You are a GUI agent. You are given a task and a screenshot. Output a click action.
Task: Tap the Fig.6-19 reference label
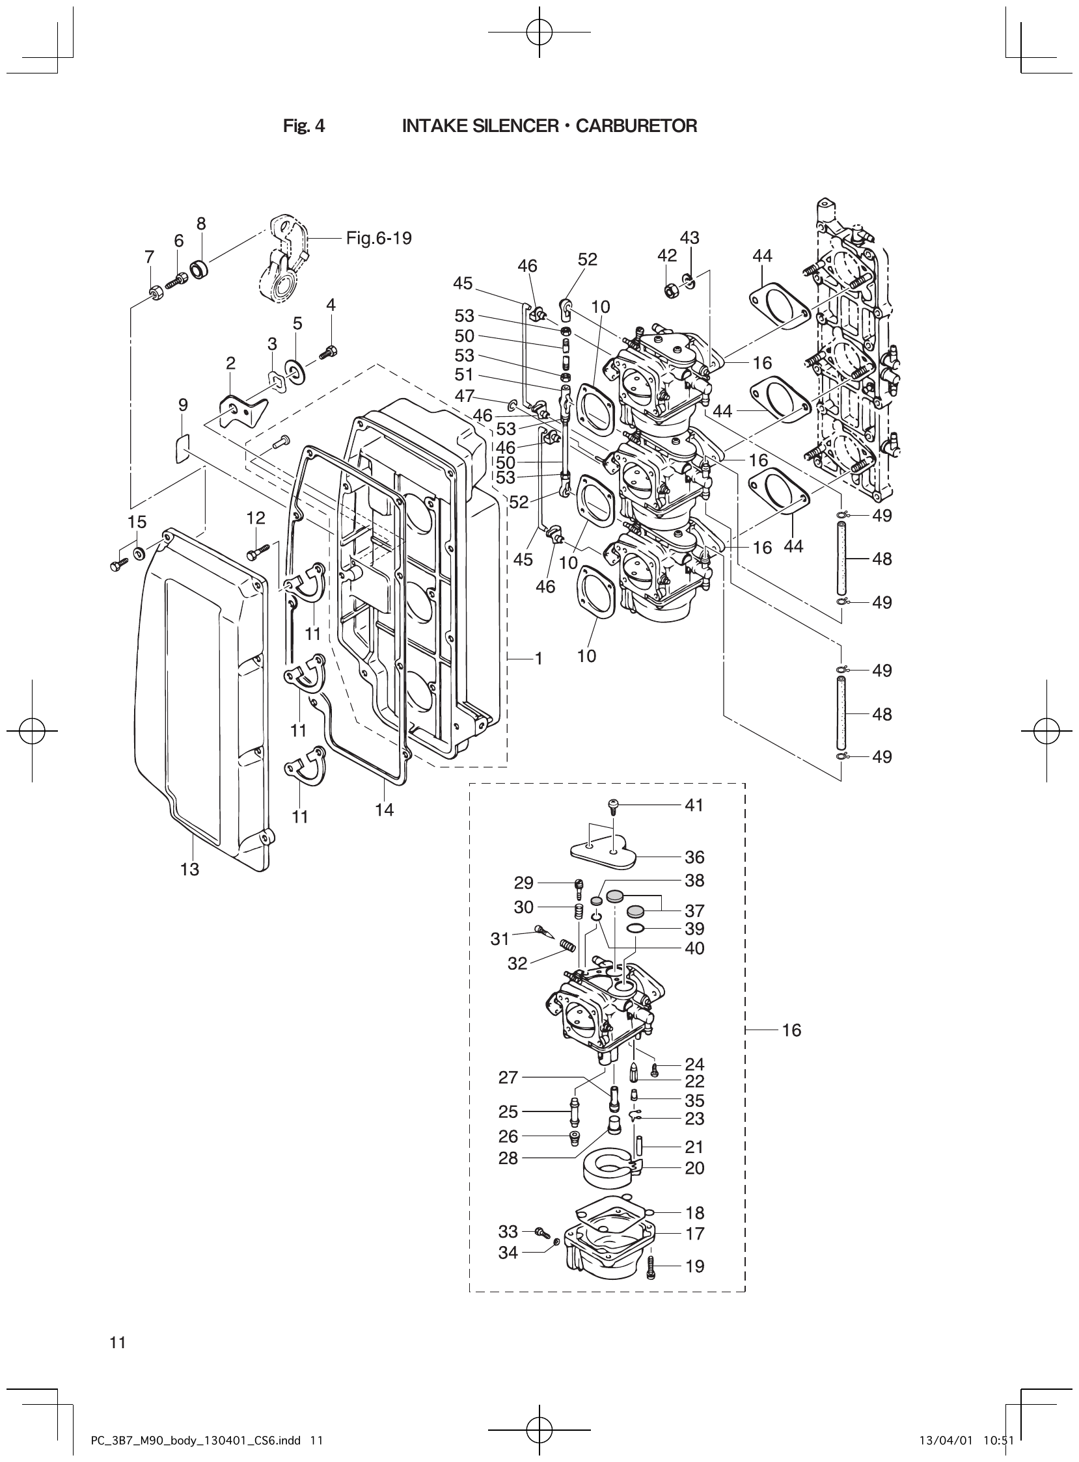click(x=379, y=238)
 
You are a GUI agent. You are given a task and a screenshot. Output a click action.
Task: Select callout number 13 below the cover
click(x=190, y=870)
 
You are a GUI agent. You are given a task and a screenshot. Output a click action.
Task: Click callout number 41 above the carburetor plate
click(x=694, y=805)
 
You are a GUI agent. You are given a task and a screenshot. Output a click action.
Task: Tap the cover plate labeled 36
click(x=604, y=852)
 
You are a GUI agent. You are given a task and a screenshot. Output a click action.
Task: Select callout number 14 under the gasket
click(x=384, y=810)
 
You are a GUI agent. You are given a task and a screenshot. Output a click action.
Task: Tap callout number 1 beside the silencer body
click(x=539, y=659)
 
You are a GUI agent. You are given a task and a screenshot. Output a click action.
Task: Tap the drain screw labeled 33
click(x=541, y=1232)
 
